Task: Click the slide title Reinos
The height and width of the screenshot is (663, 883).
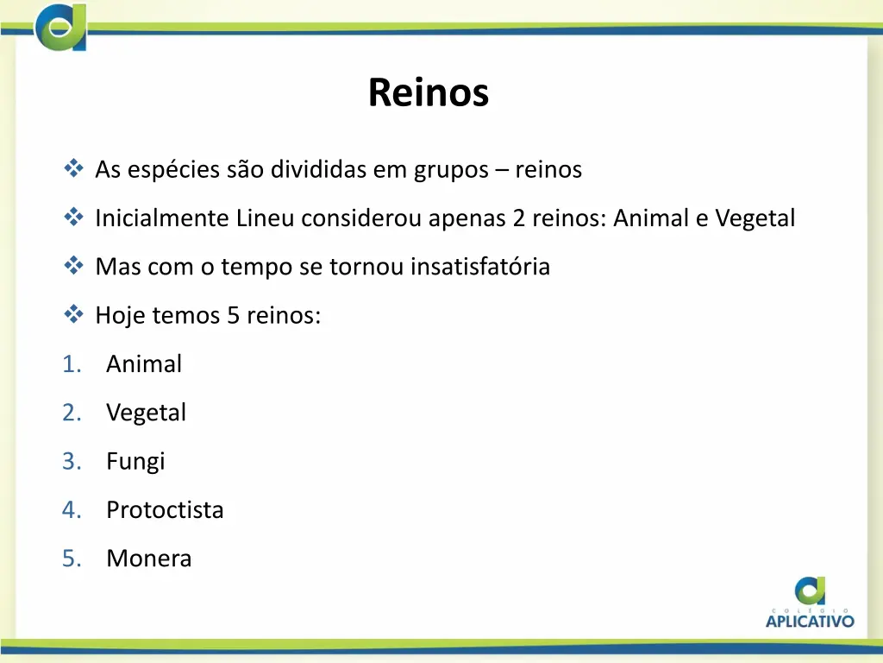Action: tap(428, 93)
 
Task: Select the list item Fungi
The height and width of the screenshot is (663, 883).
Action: tap(135, 461)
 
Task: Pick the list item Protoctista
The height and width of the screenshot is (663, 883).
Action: tap(165, 510)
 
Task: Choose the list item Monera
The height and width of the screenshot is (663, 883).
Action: tap(148, 559)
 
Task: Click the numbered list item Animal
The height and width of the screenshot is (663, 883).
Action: tap(144, 364)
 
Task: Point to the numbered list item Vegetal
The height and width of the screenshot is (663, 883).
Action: tap(146, 413)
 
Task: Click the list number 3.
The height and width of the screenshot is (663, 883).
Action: tap(70, 461)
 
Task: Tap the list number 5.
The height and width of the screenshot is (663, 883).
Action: tap(70, 559)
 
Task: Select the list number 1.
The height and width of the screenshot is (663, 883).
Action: tap(70, 364)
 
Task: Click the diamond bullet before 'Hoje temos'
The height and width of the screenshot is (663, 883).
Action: tap(72, 314)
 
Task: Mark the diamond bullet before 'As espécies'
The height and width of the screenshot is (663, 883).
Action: tap(72, 167)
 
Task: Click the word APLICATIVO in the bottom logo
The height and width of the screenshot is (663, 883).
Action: tap(810, 621)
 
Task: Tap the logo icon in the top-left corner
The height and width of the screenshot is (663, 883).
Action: tap(61, 28)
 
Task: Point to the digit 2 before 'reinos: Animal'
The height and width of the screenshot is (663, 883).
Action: tap(517, 218)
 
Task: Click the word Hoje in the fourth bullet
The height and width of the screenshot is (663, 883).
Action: tap(120, 316)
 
